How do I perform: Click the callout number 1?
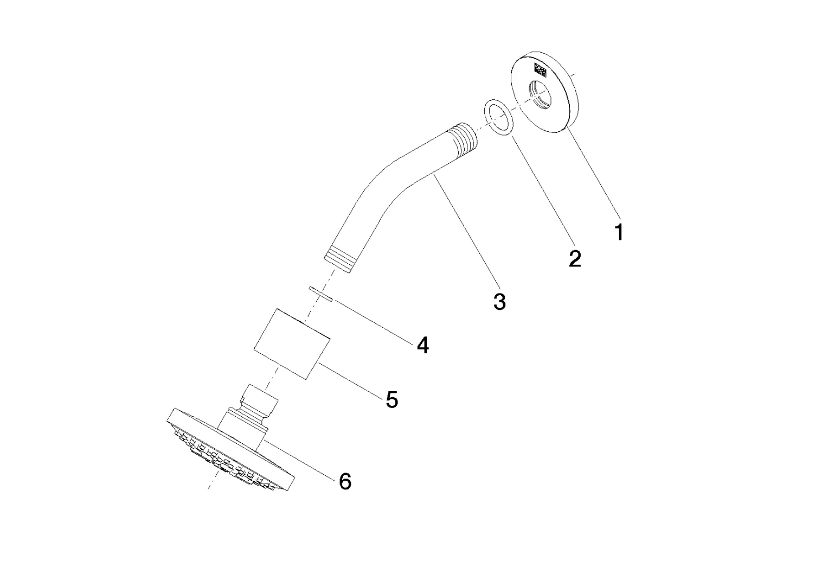point(619,232)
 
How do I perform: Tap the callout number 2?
point(575,258)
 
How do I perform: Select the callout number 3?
point(499,301)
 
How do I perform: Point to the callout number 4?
point(423,345)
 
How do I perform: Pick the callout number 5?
point(392,400)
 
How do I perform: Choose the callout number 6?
point(345,481)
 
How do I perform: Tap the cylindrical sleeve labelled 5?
point(293,343)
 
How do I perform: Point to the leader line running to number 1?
point(594,174)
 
